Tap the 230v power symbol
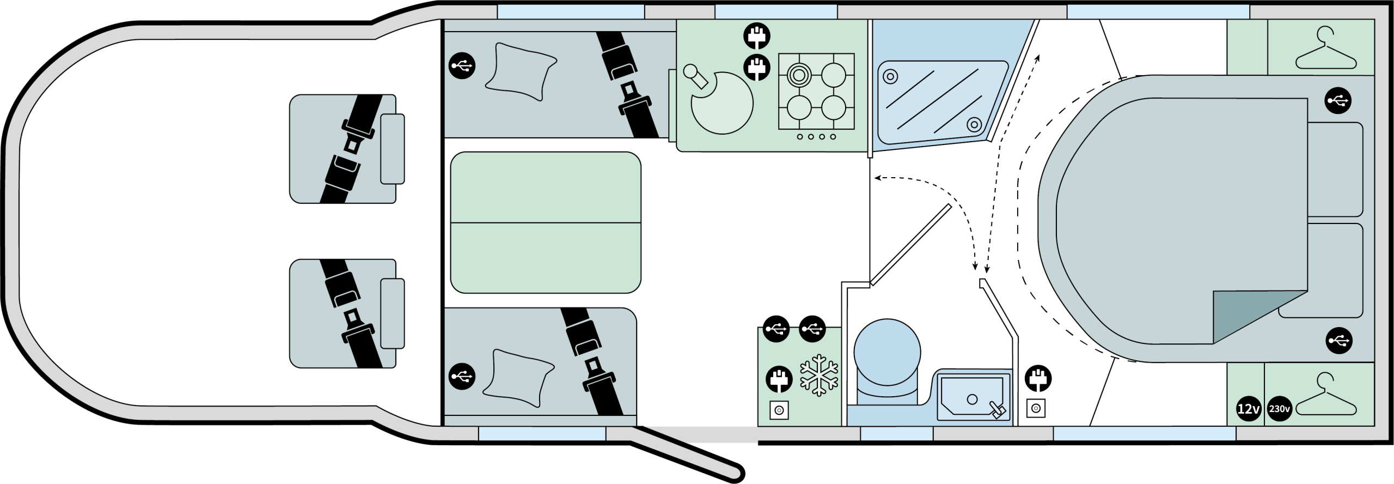(1280, 409)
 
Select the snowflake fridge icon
(819, 375)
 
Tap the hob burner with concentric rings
(799, 75)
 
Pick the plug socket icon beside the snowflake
(779, 378)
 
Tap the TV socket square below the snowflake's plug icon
(779, 410)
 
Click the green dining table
(546, 222)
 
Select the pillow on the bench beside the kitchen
(521, 71)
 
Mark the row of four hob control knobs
(816, 137)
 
